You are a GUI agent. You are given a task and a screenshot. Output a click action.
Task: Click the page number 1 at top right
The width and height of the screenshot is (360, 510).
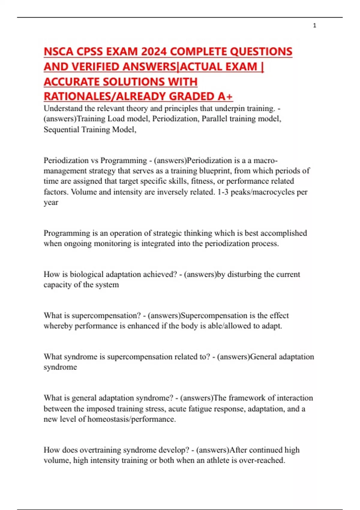[x=314, y=26]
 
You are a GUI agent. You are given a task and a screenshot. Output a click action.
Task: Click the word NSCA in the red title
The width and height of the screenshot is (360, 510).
[x=58, y=52]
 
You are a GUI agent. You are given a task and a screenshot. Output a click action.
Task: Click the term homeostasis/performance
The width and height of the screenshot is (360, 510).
[x=131, y=419]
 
